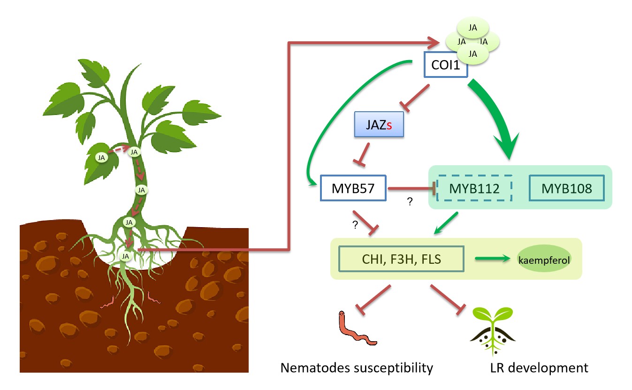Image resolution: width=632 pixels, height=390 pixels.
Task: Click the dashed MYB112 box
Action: tap(473, 189)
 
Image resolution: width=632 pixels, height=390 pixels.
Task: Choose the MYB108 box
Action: tap(566, 189)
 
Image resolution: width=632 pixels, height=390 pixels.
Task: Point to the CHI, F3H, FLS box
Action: tap(402, 259)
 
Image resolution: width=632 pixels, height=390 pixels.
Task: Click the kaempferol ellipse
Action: tap(544, 259)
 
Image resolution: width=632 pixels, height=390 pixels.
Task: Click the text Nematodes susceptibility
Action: tap(356, 367)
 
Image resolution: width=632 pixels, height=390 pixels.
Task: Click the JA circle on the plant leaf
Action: tap(101, 158)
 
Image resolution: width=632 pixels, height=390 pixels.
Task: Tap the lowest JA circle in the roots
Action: tap(125, 256)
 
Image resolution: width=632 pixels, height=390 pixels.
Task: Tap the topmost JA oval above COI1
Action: tap(473, 28)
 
